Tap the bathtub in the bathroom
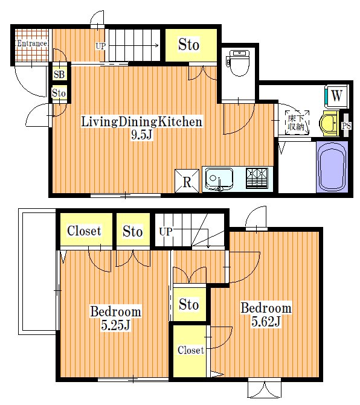(x=332, y=167)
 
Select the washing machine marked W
(x=336, y=96)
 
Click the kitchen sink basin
(x=219, y=179)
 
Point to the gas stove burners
(x=257, y=177)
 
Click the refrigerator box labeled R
(x=187, y=181)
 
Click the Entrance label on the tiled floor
(x=32, y=43)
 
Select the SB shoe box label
(x=59, y=74)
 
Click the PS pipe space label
(x=346, y=126)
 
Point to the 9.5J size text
(x=141, y=135)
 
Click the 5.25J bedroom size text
(x=115, y=325)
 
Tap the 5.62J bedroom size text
(x=266, y=322)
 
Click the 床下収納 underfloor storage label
(x=296, y=123)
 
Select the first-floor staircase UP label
(x=100, y=46)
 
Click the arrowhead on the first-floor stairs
(x=156, y=46)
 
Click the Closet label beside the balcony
(x=84, y=231)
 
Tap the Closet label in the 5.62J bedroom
(x=191, y=350)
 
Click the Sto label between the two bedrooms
(x=189, y=304)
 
